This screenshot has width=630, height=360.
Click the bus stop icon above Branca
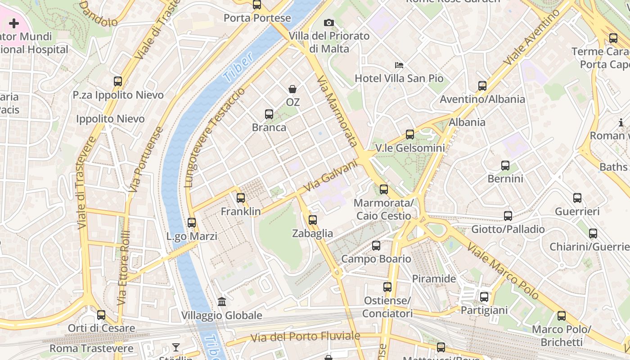pos(269,114)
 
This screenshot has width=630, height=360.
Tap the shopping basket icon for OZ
pos(292,90)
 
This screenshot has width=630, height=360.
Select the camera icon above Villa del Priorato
pos(329,22)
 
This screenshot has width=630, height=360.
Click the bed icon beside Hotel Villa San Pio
pos(399,65)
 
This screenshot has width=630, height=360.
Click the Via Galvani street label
pos(330,175)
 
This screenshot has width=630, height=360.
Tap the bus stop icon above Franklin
pos(241,198)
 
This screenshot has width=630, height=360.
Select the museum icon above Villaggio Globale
pos(222,301)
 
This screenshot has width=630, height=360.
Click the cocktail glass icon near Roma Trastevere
pos(176,347)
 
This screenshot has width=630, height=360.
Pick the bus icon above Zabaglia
pos(313,220)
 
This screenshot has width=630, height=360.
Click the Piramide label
pos(434,279)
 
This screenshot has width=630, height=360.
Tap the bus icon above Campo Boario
pos(376,246)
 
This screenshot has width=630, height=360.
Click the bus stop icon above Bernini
pos(505,166)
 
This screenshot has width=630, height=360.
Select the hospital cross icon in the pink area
pos(14,23)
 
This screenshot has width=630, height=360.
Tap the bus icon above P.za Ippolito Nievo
pos(118,81)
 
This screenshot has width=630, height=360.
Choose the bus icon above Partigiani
pos(484,297)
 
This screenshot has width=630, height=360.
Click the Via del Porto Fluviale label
pos(306,337)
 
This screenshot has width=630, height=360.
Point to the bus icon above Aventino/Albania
pos(482,85)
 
